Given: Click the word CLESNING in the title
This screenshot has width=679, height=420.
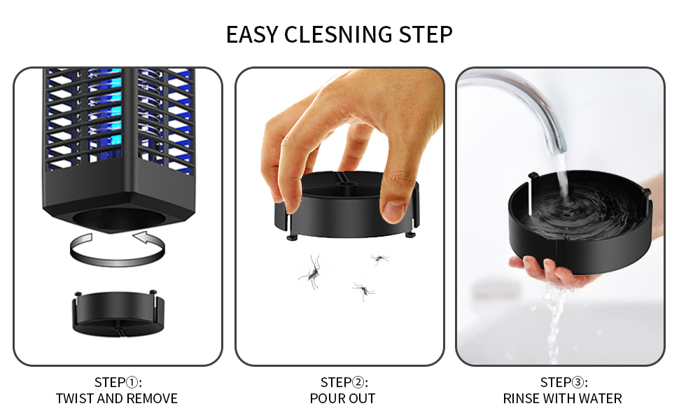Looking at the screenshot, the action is (338, 34).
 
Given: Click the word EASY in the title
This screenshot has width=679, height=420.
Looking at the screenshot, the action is (251, 34).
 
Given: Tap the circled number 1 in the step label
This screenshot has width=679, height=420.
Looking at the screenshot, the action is (132, 383).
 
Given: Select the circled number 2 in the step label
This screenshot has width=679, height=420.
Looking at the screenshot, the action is (358, 383).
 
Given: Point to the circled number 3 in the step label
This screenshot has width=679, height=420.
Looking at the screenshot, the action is (577, 383).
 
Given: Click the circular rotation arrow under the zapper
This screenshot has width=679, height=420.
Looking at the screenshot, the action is (118, 260).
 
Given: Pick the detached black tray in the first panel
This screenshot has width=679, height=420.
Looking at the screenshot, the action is (118, 314).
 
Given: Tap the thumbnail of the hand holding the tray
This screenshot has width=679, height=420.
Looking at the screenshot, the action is (393, 211).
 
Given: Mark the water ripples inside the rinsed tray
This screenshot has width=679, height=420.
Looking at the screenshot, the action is (580, 208).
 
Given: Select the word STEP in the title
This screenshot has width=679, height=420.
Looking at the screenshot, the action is (426, 34).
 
